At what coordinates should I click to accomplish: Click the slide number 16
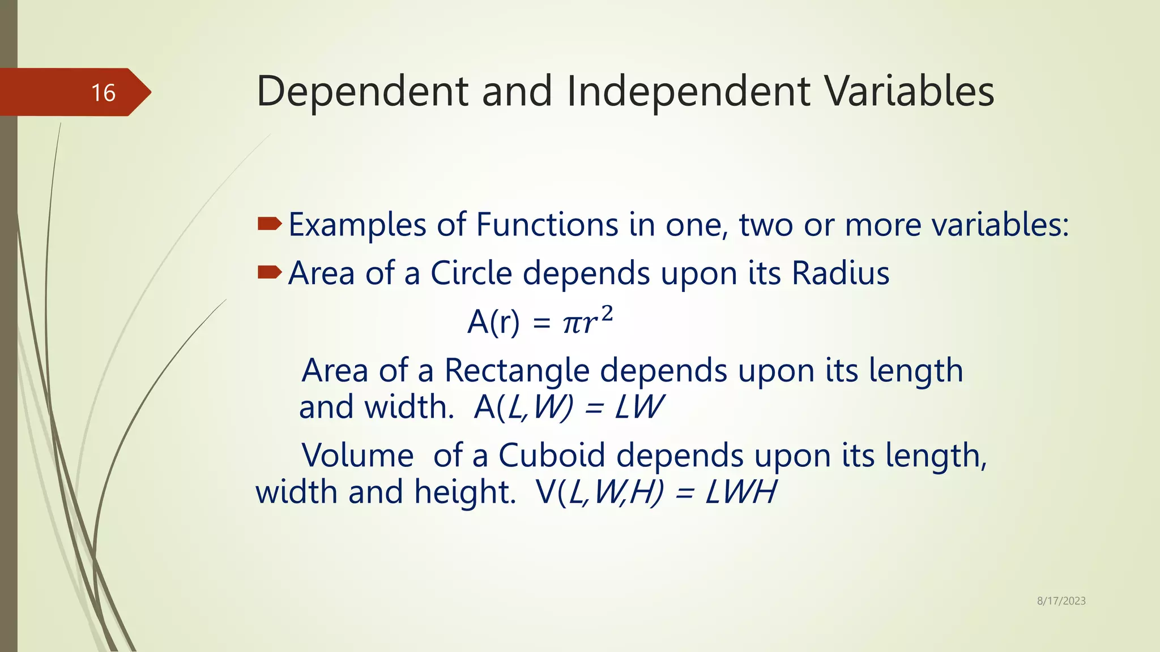click(x=103, y=93)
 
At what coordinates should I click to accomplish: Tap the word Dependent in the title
click(x=362, y=92)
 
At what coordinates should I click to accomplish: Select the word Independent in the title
click(x=688, y=92)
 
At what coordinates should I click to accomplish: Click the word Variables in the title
click(x=909, y=92)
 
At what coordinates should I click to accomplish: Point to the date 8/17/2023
click(x=1061, y=601)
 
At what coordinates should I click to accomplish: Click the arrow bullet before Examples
click(x=270, y=225)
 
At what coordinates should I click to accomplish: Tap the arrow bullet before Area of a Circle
click(x=270, y=273)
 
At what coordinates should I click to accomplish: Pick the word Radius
click(x=841, y=273)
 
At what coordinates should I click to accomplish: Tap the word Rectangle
click(x=517, y=371)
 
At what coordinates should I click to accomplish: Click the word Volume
click(x=358, y=455)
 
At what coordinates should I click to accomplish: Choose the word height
click(x=464, y=492)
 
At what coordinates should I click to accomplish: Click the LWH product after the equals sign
click(x=741, y=492)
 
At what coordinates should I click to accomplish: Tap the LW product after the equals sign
click(x=639, y=407)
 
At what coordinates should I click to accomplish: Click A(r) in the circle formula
click(x=493, y=323)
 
